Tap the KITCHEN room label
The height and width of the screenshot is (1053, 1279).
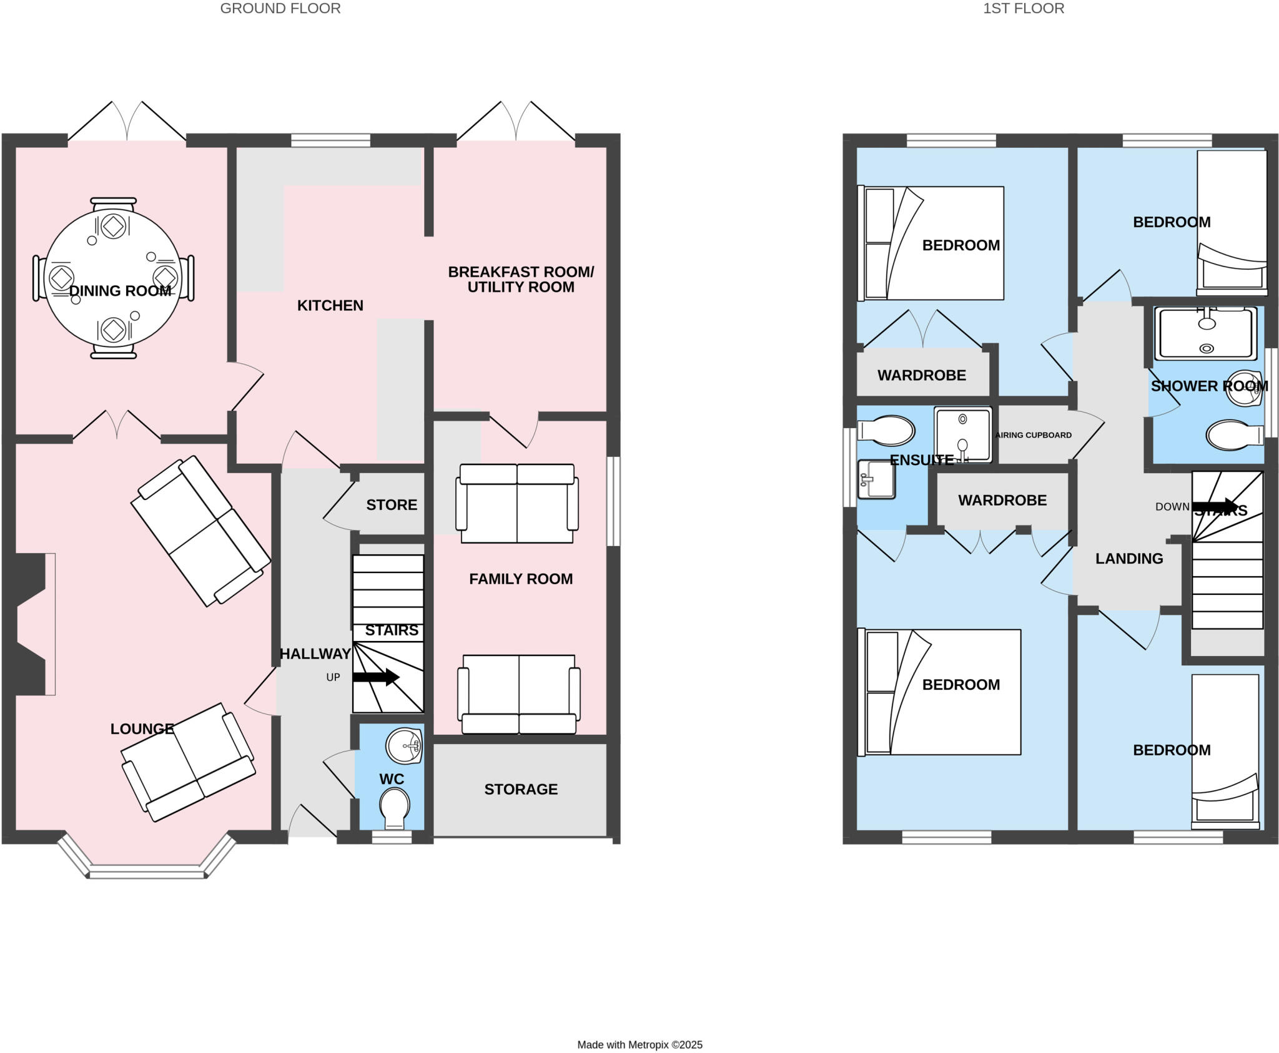[x=330, y=305]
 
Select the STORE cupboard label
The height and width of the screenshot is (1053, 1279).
[x=392, y=504]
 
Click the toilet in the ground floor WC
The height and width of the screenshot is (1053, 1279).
[x=394, y=806]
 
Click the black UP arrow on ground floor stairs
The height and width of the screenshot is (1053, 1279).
[x=375, y=677]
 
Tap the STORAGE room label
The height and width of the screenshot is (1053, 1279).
[x=520, y=789]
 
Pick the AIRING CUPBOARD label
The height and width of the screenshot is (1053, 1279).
[x=1034, y=435]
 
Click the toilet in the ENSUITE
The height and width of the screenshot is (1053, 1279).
[x=887, y=431]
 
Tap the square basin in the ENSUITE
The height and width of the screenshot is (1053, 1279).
[x=877, y=479]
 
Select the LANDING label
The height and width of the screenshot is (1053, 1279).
[x=1128, y=559]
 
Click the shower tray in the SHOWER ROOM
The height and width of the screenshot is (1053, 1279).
[x=1205, y=333]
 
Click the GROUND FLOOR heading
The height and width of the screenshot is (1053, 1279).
[x=280, y=9]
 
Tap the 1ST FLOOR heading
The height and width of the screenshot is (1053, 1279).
[x=1023, y=9]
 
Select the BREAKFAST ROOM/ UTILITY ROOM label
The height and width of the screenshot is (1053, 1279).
[x=520, y=279]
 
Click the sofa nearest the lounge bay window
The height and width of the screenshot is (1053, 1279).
[x=187, y=762]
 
